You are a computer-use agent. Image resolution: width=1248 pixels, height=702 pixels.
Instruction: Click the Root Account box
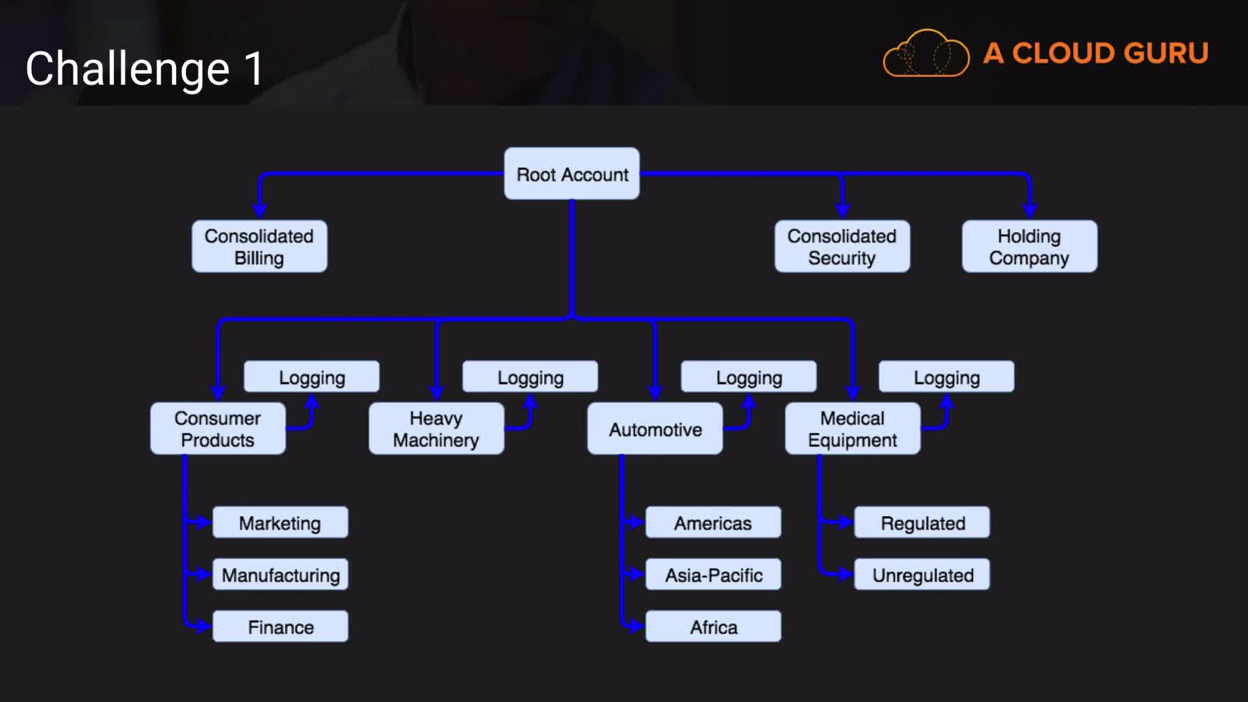click(x=571, y=174)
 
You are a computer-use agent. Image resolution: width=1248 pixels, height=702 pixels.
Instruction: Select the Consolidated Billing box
click(x=259, y=246)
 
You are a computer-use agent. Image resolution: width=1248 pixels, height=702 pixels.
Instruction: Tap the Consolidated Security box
click(x=842, y=246)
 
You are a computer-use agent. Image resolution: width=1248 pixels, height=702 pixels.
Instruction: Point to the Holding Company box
click(x=1029, y=246)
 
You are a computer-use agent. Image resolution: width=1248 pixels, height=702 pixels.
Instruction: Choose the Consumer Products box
click(x=218, y=428)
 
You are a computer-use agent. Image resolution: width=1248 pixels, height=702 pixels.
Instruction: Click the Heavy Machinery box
click(x=436, y=428)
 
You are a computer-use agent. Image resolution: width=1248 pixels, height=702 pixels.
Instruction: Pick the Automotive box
click(x=655, y=428)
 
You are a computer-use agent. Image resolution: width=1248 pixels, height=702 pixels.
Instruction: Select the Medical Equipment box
click(x=852, y=428)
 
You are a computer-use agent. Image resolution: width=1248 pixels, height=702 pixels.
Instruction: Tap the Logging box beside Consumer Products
click(x=311, y=377)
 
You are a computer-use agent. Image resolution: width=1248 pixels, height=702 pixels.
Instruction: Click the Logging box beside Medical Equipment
click(x=946, y=377)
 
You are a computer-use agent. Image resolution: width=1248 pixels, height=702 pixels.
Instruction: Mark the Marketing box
click(x=280, y=523)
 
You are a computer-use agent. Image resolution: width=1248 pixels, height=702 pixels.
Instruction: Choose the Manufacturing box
click(x=280, y=575)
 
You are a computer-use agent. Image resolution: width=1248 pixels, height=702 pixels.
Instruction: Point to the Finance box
click(x=280, y=627)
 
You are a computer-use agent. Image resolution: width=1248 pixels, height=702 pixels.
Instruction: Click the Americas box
click(x=713, y=523)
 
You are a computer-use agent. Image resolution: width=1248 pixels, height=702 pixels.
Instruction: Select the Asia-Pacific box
click(x=713, y=575)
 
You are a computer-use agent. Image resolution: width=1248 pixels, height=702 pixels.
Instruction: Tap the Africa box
click(x=713, y=627)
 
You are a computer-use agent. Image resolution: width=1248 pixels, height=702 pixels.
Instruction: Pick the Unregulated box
click(x=922, y=575)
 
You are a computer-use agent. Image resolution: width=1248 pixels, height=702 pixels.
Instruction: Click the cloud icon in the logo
click(x=926, y=54)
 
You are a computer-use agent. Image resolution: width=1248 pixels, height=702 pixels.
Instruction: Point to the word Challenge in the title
click(x=127, y=69)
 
